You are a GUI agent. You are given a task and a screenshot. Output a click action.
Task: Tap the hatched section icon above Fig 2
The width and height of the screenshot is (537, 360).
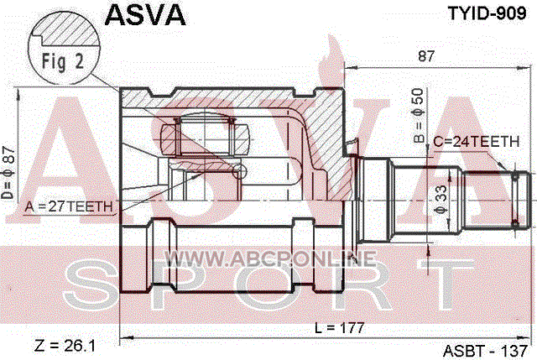[x=59, y=34]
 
